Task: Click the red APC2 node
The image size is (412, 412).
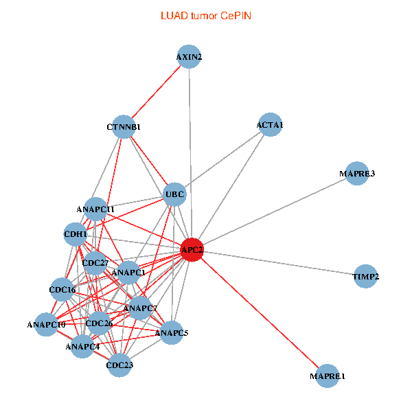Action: [x=192, y=250]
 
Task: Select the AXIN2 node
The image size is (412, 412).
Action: [x=189, y=58]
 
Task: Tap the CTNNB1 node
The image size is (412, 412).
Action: [x=124, y=127]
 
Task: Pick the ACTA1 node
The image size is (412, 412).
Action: [x=270, y=125]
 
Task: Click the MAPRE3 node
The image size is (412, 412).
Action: [x=357, y=174]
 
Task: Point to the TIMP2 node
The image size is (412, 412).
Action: [x=366, y=277]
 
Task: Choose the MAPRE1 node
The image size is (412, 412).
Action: [x=328, y=376]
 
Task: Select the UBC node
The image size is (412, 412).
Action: [x=174, y=195]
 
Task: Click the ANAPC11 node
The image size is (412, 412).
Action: [x=95, y=209]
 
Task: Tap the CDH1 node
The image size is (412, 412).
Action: [x=76, y=234]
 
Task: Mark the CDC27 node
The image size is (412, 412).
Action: [x=95, y=263]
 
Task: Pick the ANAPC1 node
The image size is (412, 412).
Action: [x=128, y=273]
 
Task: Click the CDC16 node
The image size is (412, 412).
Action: [x=62, y=290]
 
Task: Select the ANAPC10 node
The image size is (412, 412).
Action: [x=46, y=324]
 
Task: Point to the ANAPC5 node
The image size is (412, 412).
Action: [x=171, y=333]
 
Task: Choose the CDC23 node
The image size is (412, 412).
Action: [x=119, y=365]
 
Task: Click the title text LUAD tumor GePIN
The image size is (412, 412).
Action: [x=206, y=15]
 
